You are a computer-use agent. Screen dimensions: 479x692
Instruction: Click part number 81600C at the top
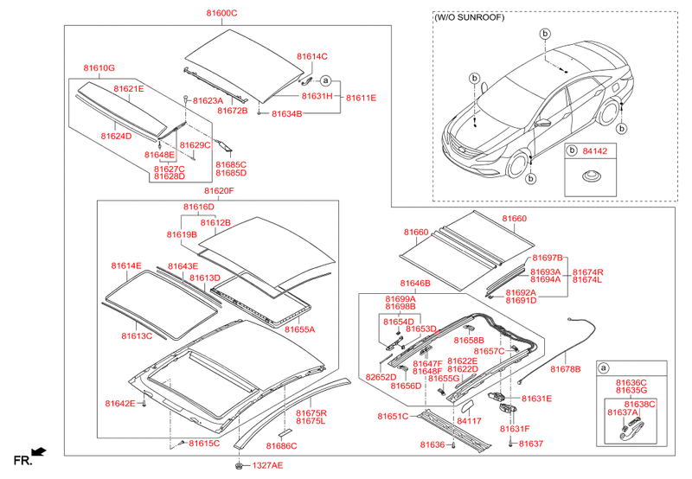221,13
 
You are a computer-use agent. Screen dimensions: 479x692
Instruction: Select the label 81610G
99,67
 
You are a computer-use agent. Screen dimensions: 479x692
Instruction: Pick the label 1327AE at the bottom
267,466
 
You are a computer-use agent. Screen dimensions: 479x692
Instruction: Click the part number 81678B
565,368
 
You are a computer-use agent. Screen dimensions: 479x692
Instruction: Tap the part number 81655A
298,329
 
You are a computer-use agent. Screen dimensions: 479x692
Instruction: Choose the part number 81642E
120,404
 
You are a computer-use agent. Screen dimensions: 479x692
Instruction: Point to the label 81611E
362,98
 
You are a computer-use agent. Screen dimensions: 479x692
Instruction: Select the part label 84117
469,421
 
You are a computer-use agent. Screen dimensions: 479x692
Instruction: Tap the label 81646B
415,283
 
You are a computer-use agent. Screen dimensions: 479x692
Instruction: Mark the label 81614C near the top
312,56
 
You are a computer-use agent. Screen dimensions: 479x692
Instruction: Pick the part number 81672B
233,111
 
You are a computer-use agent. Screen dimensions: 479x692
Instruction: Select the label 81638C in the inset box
641,404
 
